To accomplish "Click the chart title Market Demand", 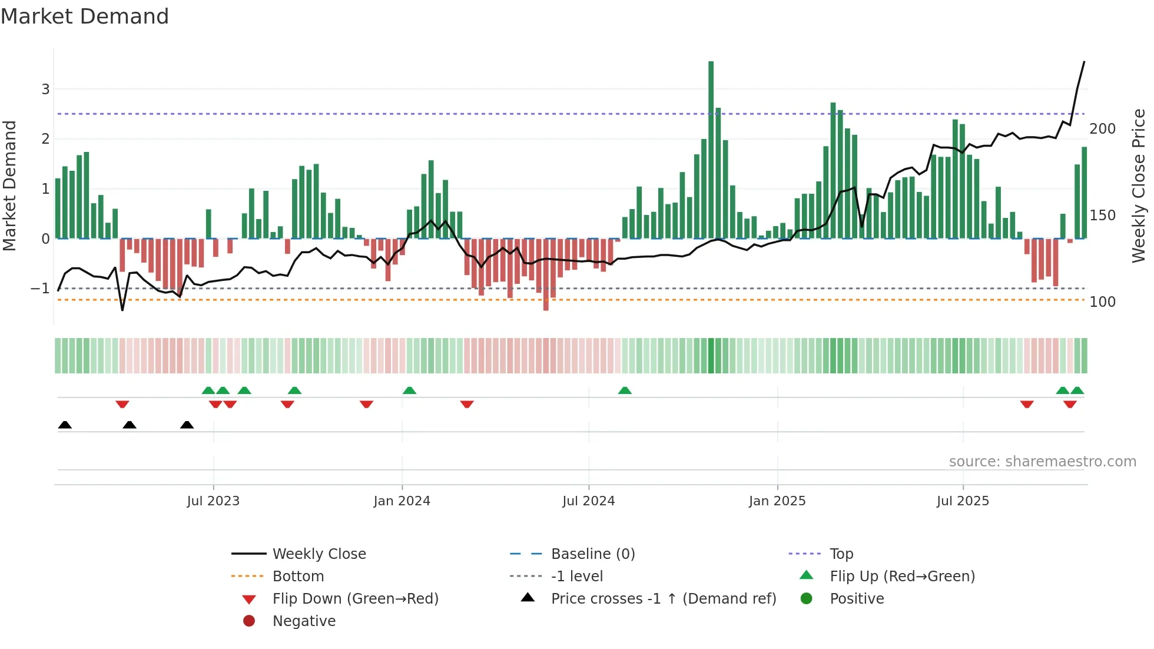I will coord(85,16).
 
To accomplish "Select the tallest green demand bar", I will coord(711,150).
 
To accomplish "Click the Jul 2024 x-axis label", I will coord(588,501).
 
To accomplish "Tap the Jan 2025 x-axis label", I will coord(777,501).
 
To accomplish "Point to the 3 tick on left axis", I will coord(45,90).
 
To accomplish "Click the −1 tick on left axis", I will coord(41,289).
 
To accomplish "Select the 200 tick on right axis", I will coord(1102,129).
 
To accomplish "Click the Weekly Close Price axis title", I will coord(1139,186).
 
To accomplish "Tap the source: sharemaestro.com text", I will coord(1042,462).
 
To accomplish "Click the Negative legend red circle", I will coord(249,621).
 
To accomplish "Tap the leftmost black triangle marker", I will coord(65,425).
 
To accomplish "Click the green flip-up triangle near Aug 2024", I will coord(625,390).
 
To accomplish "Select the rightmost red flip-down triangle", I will coord(1070,404).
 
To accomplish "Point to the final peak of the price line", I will coord(1084,62).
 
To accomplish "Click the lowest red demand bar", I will coord(546,274).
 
